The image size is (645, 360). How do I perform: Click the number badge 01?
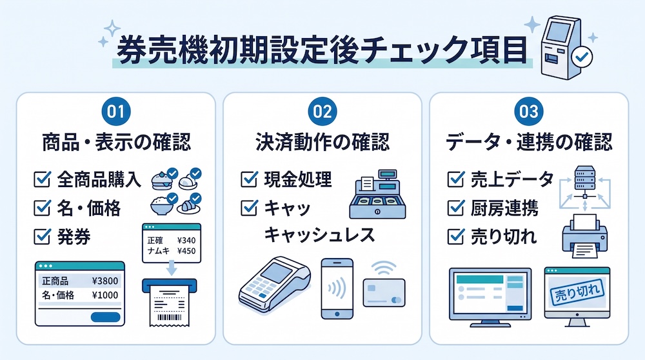115,112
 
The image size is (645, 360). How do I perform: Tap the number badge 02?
322,112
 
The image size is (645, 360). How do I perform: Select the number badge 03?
529,112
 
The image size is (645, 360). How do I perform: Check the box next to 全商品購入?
42,180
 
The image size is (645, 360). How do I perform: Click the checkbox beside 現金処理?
249,179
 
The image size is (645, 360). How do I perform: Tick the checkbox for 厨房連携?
455,208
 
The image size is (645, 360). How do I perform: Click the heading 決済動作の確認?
322,142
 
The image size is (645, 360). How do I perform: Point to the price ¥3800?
105,281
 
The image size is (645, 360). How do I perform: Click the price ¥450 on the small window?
186,251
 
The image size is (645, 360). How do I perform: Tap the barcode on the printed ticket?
170,317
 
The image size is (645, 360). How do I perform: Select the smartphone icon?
337,288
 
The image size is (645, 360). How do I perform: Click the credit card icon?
384,292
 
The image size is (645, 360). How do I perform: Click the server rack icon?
584,177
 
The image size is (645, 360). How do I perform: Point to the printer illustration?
584,236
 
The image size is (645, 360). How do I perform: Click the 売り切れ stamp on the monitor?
577,292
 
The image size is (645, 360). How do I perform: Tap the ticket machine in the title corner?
566,48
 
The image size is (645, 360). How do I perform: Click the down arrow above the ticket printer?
172,268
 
